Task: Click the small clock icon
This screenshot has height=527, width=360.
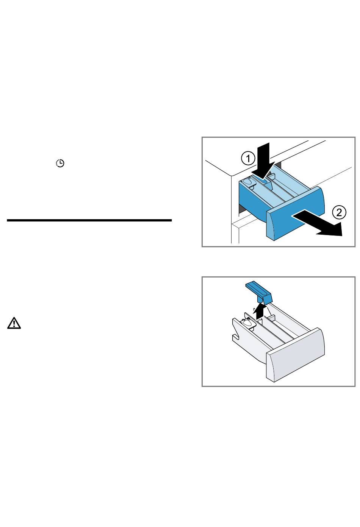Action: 60,164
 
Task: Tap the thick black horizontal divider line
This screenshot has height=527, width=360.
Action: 89,220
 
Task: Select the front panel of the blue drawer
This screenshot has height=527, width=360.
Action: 296,214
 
